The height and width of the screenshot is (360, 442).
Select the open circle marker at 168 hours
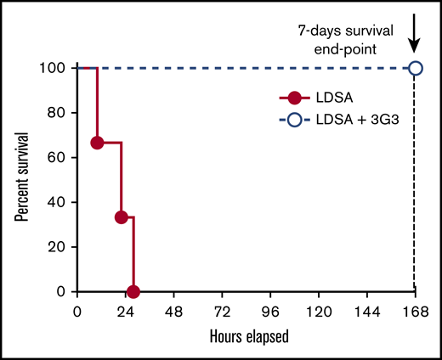[x=416, y=68]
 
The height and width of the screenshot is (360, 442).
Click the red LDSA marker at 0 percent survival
[x=133, y=291]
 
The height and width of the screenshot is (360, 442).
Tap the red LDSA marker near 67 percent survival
[x=98, y=143]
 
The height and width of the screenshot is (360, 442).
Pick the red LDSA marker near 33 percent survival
[x=122, y=217]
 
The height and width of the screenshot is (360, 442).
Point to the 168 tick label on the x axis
[x=415, y=310]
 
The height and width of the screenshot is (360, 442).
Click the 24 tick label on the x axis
[x=126, y=310]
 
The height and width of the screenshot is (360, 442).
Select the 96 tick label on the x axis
[x=270, y=310]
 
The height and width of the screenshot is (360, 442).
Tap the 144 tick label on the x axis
[x=366, y=310]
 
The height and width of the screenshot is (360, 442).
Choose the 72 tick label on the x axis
[x=222, y=310]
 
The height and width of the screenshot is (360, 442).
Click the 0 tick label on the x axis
[x=77, y=310]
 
